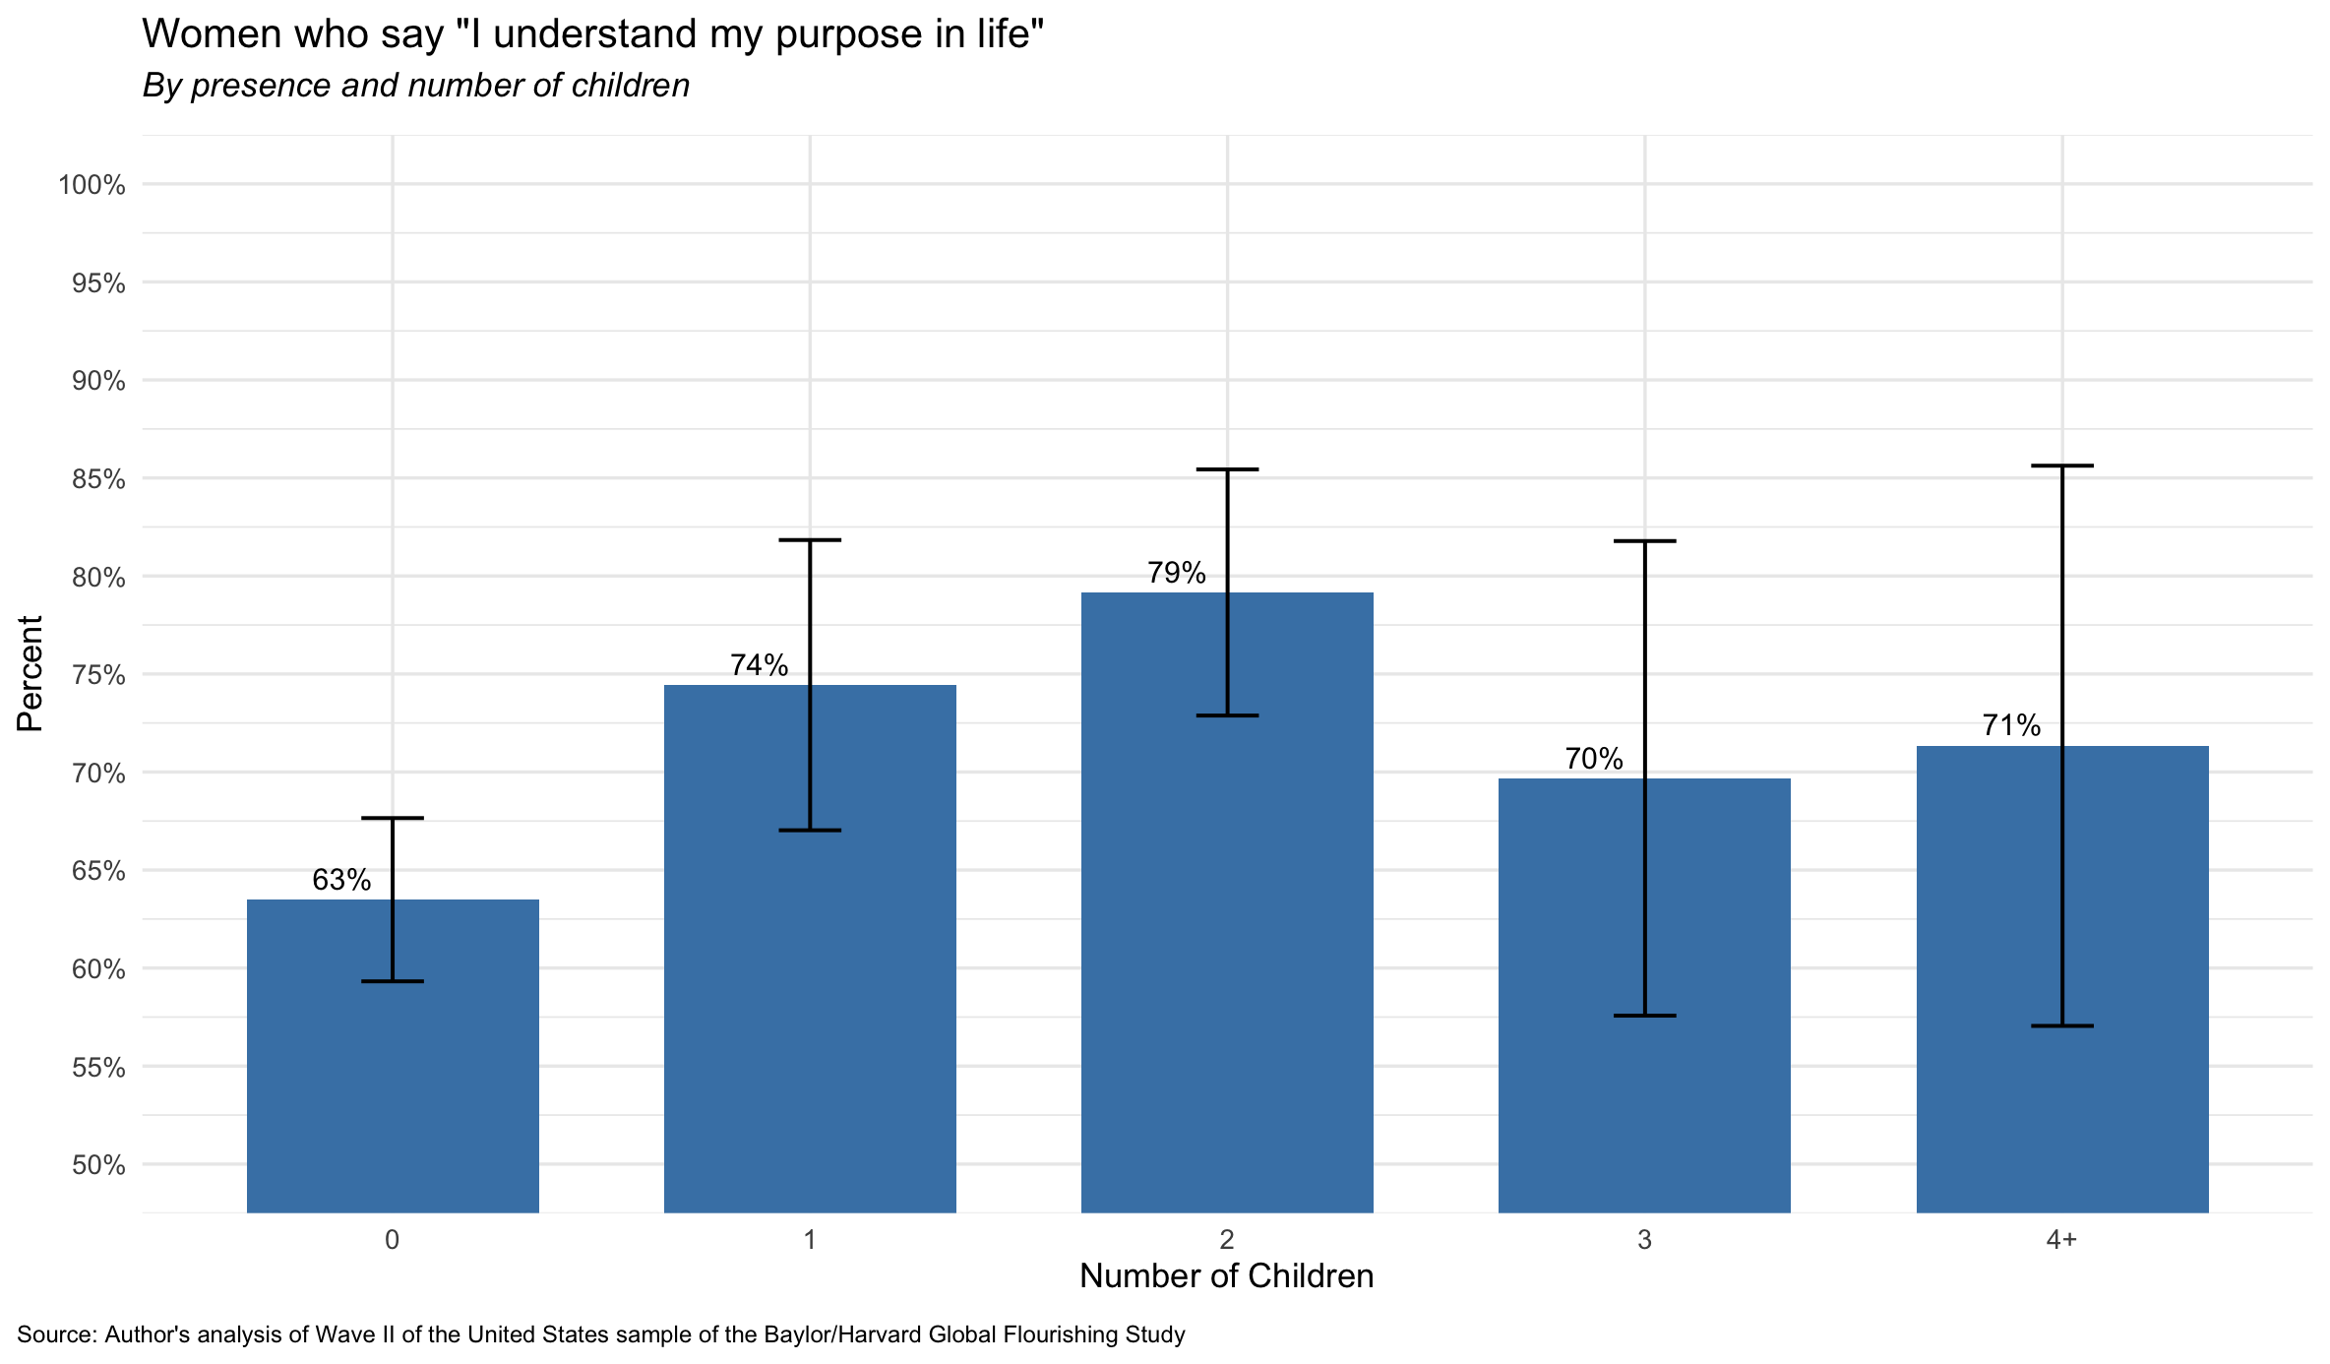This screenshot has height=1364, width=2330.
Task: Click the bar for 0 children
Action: click(393, 1056)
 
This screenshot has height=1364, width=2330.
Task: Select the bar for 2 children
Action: click(1227, 902)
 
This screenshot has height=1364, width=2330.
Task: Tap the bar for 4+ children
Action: click(2062, 979)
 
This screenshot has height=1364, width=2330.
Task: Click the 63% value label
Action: click(341, 880)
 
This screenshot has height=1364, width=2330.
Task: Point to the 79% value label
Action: click(1176, 573)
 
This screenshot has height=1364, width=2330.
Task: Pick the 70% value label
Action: click(1594, 759)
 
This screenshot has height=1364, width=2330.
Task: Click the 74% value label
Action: click(759, 665)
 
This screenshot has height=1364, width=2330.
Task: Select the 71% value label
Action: click(2011, 726)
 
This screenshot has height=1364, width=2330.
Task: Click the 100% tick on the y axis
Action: click(92, 185)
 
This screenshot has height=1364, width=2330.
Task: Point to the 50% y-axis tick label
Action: click(98, 1165)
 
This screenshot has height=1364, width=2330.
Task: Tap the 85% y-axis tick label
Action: click(98, 479)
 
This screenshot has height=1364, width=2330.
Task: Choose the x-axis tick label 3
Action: click(1644, 1240)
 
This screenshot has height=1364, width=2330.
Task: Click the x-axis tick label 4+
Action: click(2061, 1240)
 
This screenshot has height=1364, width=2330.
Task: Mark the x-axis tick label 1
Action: click(810, 1240)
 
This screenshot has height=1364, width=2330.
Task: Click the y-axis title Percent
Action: click(30, 674)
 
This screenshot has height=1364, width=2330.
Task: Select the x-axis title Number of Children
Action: click(1226, 1276)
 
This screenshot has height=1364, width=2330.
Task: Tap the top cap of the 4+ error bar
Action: click(2062, 465)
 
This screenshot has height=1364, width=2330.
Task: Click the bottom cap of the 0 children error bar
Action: click(393, 981)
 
